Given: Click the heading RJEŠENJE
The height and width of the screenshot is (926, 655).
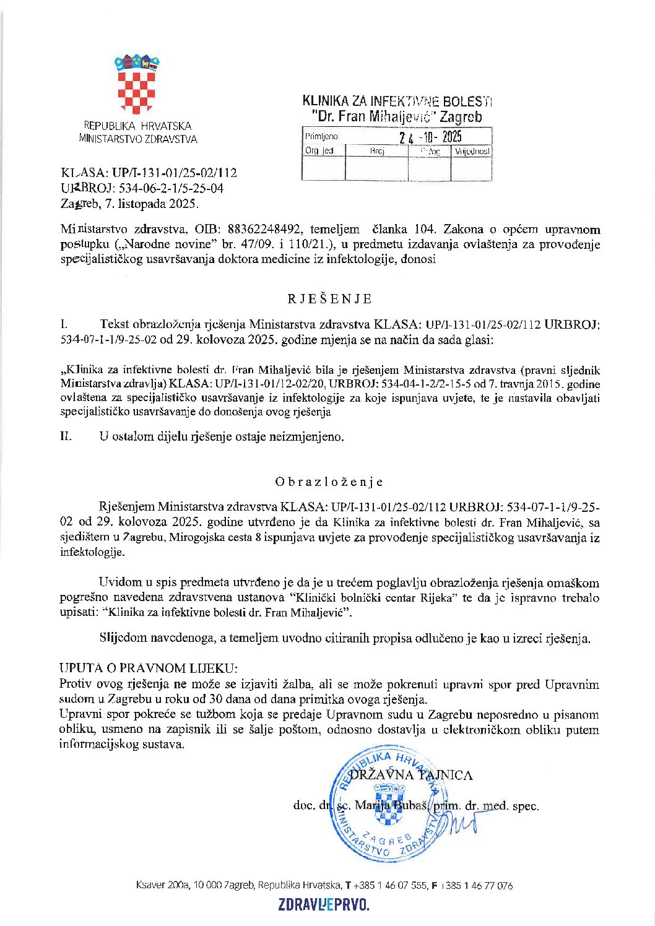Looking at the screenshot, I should point(329,299).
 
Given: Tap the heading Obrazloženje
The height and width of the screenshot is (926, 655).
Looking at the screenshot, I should point(329,482).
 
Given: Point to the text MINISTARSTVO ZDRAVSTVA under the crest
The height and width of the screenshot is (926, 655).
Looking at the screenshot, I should point(138,139).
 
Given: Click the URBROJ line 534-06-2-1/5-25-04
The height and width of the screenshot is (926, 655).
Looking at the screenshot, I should point(142,188).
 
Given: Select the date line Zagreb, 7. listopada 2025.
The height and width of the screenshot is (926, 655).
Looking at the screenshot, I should point(130,202).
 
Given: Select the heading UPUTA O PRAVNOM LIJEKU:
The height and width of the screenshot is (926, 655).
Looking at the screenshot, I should point(148,669).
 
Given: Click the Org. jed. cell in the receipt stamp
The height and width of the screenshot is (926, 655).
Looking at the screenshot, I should point(320,151).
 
